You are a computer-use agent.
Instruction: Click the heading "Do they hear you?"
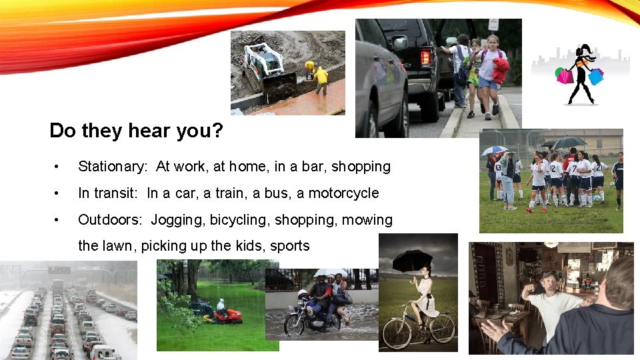(136, 130)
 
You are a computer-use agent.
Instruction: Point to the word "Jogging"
(178, 220)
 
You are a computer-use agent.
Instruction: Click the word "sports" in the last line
(290, 246)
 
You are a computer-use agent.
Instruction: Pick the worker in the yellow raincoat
(321, 77)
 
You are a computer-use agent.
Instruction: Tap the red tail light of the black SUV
(425, 57)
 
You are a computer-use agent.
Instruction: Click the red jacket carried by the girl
(501, 69)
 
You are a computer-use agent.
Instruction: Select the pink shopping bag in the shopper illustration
(565, 76)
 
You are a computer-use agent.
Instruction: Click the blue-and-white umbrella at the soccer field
(494, 150)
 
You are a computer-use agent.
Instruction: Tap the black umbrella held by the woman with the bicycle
(412, 259)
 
